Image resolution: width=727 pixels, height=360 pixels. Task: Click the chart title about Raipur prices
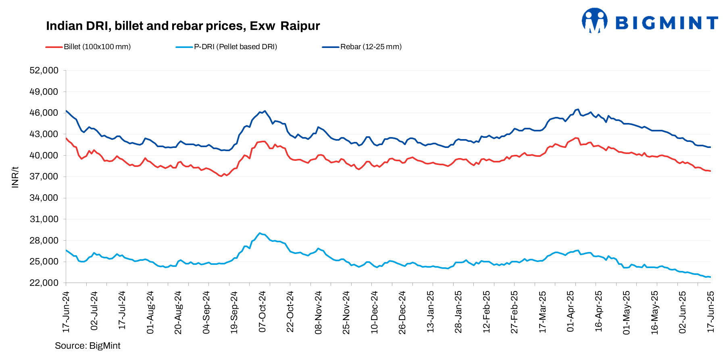[x=183, y=26]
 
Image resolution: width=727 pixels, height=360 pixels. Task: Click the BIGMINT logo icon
[x=594, y=20]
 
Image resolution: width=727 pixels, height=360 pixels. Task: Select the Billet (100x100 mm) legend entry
[x=97, y=47]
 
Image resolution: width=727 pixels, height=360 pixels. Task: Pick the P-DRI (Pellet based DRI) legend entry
[x=235, y=47]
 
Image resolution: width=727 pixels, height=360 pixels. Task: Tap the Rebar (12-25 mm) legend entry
[x=371, y=47]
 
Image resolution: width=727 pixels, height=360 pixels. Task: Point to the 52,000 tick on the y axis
[x=44, y=71]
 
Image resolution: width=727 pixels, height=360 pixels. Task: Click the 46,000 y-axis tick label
[x=44, y=113]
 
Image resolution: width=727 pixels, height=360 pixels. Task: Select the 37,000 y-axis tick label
[x=44, y=177]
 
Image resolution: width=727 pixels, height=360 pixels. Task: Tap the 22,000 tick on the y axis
[x=44, y=283]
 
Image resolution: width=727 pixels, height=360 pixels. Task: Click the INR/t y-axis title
[x=15, y=177]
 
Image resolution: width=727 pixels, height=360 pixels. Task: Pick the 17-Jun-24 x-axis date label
[x=66, y=312]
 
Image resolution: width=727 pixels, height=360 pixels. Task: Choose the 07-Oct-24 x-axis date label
[x=262, y=312]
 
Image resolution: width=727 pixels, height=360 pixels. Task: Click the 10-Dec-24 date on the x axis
[x=375, y=312]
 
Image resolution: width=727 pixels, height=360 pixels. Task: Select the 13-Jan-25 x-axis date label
[x=431, y=312]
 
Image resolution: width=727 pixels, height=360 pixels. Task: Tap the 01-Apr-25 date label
[x=571, y=312]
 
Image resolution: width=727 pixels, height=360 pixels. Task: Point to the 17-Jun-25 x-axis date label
[x=711, y=312]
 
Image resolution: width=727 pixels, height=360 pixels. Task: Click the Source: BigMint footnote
[x=87, y=346]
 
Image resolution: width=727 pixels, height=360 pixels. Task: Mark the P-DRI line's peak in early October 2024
[x=260, y=233]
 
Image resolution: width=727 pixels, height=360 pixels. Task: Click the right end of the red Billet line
[x=710, y=171]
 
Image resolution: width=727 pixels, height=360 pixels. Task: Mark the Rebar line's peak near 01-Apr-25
[x=578, y=109]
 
